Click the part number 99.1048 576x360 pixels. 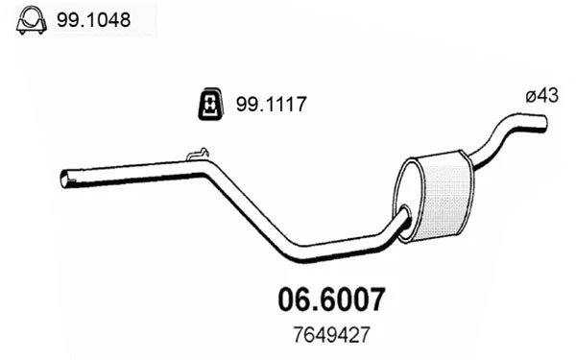(x=93, y=20)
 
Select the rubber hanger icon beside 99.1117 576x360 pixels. (x=210, y=104)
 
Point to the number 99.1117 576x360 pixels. (x=271, y=104)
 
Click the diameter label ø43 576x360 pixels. (x=541, y=95)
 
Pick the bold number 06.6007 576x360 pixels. (x=332, y=300)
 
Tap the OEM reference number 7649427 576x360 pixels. (x=331, y=335)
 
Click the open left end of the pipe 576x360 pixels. (x=65, y=179)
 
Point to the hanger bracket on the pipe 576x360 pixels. (x=198, y=155)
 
